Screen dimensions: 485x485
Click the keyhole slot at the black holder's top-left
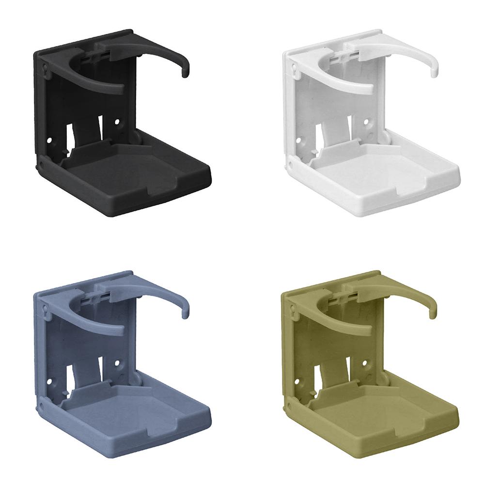(x=45, y=69)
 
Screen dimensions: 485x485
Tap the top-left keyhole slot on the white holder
(x=294, y=69)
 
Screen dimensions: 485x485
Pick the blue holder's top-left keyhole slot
(x=45, y=310)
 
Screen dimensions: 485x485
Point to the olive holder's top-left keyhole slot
(x=294, y=310)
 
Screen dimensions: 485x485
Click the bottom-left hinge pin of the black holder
(x=42, y=165)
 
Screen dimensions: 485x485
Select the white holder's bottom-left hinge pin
(x=291, y=165)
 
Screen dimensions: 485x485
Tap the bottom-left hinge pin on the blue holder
(x=42, y=406)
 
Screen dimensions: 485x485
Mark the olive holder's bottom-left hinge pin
(x=291, y=406)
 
